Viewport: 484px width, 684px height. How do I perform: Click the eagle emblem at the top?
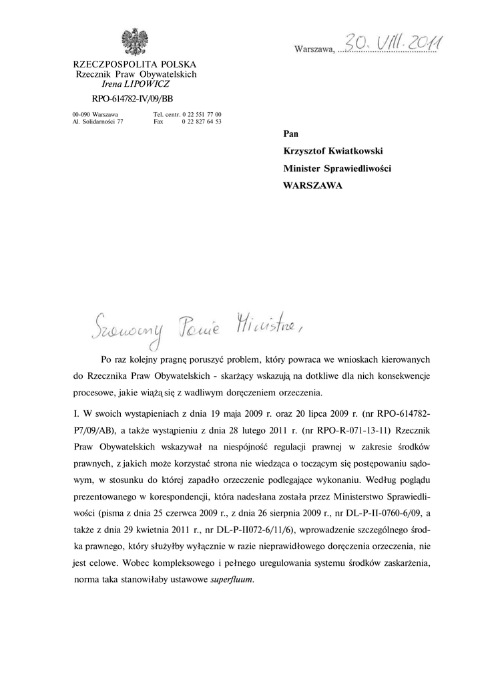click(x=136, y=42)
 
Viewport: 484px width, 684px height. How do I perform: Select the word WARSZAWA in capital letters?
click(x=312, y=186)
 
